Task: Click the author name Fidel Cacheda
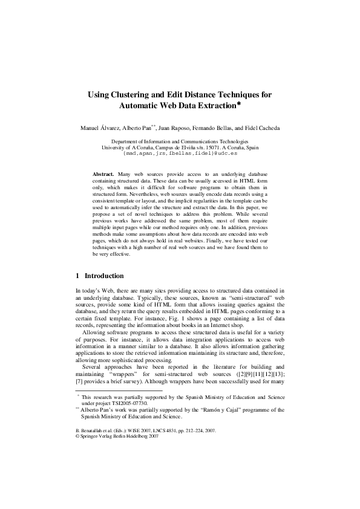coord(263,128)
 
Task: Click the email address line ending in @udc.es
coord(180,154)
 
